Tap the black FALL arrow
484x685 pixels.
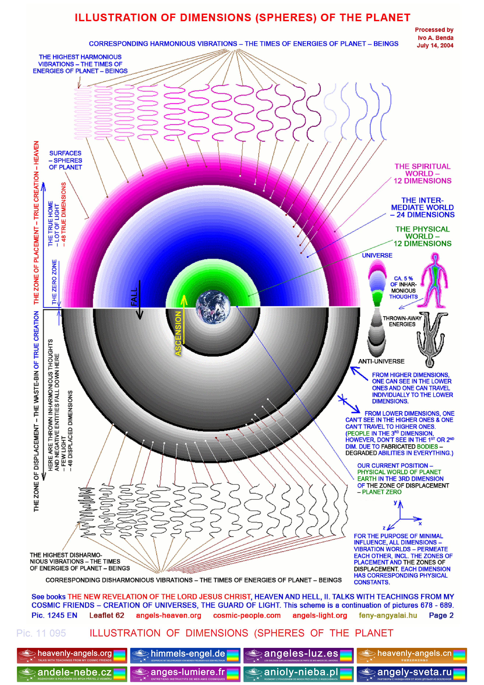click(x=139, y=301)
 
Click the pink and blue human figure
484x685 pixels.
click(x=434, y=281)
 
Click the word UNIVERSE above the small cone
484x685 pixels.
click(x=377, y=255)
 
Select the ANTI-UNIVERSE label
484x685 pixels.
click(x=381, y=361)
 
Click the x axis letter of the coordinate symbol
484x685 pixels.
click(x=420, y=524)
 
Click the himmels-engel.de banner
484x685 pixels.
click(x=185, y=655)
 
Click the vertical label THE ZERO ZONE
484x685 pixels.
click(x=54, y=282)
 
